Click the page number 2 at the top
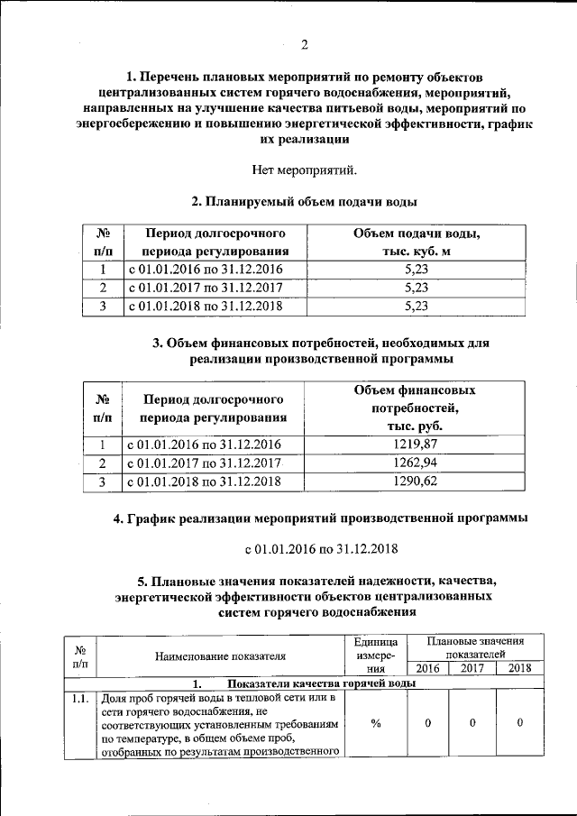tap(304, 45)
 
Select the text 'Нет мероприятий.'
tap(304, 169)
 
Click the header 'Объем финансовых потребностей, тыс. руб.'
tap(416, 408)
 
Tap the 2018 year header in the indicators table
tap(520, 668)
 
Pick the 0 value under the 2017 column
tap(472, 723)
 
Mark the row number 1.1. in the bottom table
tap(80, 698)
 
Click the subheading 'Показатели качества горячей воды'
tap(312, 683)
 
